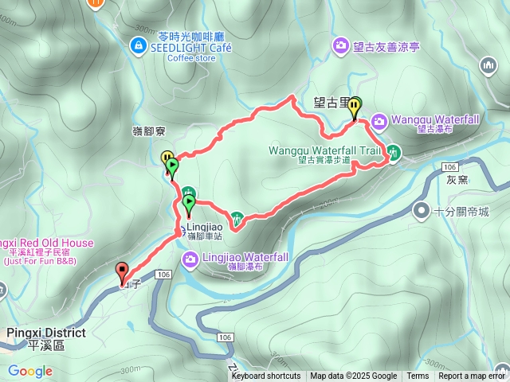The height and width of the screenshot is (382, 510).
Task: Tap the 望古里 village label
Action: click(x=331, y=102)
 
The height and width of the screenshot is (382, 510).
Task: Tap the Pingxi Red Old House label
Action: click(x=46, y=243)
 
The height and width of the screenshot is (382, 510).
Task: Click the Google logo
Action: click(x=30, y=371)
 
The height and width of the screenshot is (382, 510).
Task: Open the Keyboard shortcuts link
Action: click(x=266, y=376)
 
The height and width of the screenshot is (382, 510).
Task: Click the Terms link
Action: click(x=418, y=376)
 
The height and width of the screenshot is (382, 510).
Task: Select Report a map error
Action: click(x=473, y=376)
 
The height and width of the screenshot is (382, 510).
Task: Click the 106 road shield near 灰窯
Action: click(x=450, y=166)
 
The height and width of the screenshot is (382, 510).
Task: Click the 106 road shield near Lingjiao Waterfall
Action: click(x=163, y=275)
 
